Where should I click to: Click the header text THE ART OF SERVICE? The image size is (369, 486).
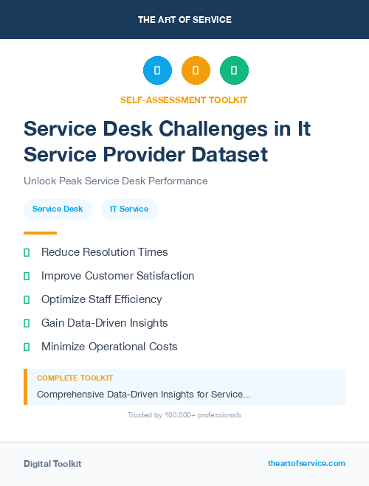coord(184,19)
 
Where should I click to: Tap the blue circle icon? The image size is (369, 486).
coord(157,70)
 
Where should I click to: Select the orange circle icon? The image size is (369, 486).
coord(196,70)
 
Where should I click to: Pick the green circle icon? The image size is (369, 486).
coord(235,70)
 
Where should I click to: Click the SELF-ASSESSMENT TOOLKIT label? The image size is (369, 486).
coord(184,100)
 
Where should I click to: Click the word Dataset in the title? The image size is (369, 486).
coord(226,155)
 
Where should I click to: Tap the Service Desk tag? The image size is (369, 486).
coord(58,209)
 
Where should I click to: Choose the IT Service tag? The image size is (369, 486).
coord(129,209)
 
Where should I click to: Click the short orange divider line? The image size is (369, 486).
coord(40,233)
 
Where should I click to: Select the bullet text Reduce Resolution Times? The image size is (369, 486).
coord(104,252)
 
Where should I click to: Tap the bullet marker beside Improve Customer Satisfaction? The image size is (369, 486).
coord(27,276)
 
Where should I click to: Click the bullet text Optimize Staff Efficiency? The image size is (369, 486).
coord(101,299)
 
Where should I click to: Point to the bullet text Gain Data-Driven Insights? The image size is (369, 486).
coord(104,323)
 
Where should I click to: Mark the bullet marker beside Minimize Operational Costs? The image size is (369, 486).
coord(27,347)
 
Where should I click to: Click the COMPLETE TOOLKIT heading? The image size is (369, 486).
coord(75,378)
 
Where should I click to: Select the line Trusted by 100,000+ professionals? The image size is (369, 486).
coord(184,415)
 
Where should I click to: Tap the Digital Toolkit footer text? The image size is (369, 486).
coord(52,464)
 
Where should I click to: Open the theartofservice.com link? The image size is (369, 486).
coord(306,463)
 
